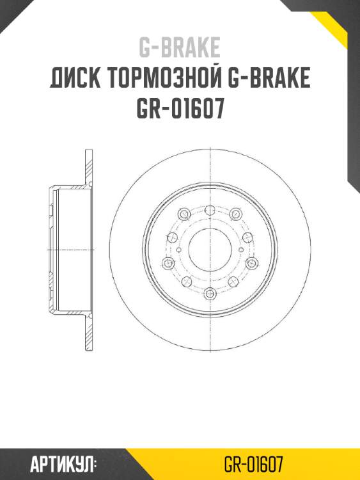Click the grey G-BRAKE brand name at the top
[180, 47]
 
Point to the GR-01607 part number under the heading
[180, 109]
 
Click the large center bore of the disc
[210, 248]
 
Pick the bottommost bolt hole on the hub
[210, 294]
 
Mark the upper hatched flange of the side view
[88, 168]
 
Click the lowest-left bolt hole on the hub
[187, 282]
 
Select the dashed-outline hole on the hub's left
[171, 236]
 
